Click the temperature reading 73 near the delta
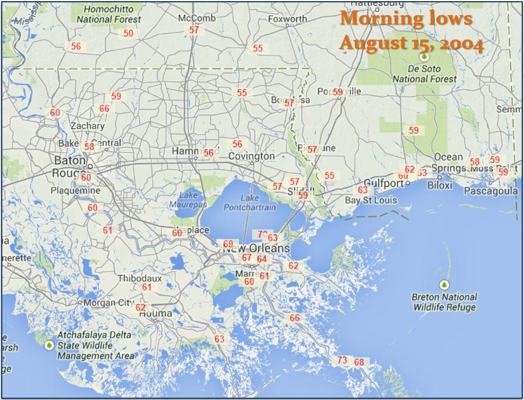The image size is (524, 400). coord(342,360)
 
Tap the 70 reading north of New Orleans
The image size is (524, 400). coord(262,234)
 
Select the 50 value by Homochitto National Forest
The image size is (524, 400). coord(129,33)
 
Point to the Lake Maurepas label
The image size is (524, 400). coord(184,200)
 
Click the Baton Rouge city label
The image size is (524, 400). coord(69,166)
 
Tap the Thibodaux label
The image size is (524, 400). coord(140,278)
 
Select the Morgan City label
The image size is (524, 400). coord(109,303)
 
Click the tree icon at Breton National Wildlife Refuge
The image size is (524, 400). coord(444,285)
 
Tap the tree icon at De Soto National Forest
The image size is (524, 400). coord(425,57)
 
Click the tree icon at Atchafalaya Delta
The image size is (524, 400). coord(49,345)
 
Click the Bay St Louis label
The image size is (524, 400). coord(371,200)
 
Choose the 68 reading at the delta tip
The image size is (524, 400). coord(359,362)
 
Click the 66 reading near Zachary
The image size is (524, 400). coord(104,108)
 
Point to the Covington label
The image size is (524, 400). coord(251,156)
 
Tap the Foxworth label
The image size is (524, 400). coord(287,19)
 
